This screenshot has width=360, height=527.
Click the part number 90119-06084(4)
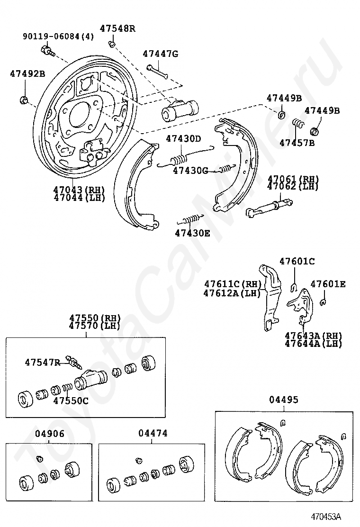coord(58,36)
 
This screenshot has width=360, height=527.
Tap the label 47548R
coord(117,28)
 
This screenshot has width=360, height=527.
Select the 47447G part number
coord(160,54)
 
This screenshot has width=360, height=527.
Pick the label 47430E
coord(192,233)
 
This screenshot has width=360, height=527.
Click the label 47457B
coord(297,142)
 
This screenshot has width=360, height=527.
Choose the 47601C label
coord(297,261)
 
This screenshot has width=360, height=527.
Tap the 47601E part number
coord(328,284)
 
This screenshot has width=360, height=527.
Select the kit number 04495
coord(284,400)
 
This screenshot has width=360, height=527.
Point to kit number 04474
coord(153,433)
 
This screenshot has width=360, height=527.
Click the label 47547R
coord(43,363)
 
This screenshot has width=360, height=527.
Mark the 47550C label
coord(71,400)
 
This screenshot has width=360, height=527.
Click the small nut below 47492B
coord(24,100)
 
